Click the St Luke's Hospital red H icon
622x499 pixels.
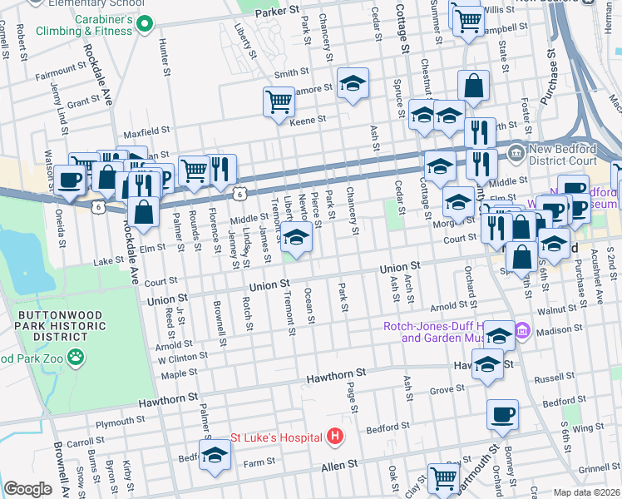coord(334,436)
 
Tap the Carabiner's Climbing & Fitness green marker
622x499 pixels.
coord(145,25)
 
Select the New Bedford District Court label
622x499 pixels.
coord(565,153)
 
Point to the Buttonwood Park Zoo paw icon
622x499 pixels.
coord(76,357)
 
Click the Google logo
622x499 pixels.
coord(27,489)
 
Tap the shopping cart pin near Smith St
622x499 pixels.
coord(279,102)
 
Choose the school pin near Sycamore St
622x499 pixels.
coord(353,83)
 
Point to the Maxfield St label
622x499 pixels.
coord(146,131)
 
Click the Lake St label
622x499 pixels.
coord(108,260)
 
